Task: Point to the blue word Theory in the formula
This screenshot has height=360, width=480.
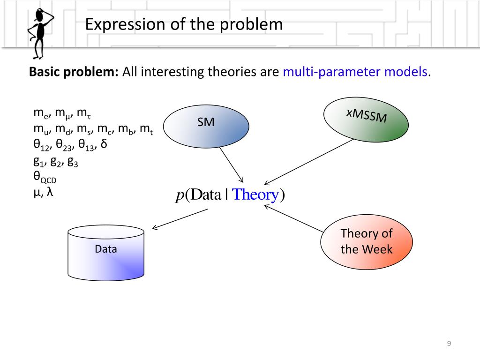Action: point(255,195)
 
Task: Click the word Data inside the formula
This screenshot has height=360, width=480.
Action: point(205,195)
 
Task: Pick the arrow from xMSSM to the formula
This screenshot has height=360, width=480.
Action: point(309,161)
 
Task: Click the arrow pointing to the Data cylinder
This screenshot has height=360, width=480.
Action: point(180,219)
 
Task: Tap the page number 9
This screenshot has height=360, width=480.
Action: point(449,344)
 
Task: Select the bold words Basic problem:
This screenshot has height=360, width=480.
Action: point(74,72)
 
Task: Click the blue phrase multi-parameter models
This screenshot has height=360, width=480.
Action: point(355,72)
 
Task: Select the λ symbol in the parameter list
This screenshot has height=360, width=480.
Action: point(49,192)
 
